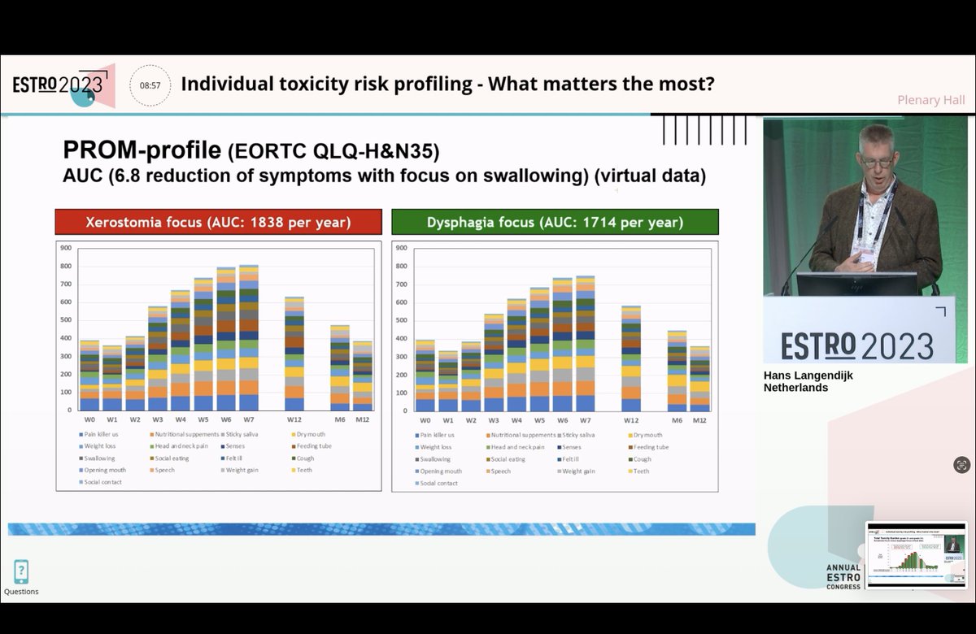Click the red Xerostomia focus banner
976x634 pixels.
click(x=218, y=222)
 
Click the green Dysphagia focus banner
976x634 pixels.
click(x=555, y=222)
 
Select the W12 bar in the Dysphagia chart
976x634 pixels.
click(x=631, y=358)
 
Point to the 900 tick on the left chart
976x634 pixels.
click(x=65, y=248)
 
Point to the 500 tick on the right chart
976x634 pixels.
click(x=402, y=320)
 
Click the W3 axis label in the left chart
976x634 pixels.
click(x=158, y=420)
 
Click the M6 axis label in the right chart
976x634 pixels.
click(x=678, y=420)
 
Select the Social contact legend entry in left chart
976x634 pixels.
click(x=102, y=483)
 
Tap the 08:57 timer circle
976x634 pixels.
click(x=150, y=85)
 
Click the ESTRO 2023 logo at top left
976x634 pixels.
click(x=61, y=85)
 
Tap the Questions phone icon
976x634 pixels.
click(x=21, y=572)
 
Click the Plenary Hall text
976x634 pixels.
click(x=930, y=100)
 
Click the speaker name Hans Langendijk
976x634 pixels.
click(x=808, y=376)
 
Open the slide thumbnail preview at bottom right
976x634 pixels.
click(x=916, y=554)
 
